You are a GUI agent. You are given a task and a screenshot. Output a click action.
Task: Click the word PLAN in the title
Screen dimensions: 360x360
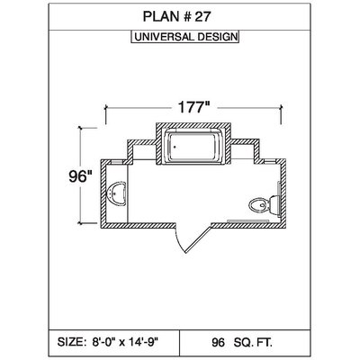point(159,16)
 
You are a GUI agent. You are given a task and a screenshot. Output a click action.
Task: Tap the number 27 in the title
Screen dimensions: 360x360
point(202,16)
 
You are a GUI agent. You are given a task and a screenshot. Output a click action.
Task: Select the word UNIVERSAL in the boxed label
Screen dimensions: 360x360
point(164,37)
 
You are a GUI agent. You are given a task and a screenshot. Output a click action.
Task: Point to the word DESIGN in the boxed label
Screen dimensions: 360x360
point(217,37)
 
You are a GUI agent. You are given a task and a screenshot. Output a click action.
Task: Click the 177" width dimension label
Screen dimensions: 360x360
point(193,107)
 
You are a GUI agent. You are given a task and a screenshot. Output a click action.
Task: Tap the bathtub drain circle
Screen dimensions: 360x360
point(175,147)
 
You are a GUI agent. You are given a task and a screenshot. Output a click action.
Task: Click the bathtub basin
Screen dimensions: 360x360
point(193,147)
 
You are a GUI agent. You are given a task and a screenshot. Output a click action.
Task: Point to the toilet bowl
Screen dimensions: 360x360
point(258,206)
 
